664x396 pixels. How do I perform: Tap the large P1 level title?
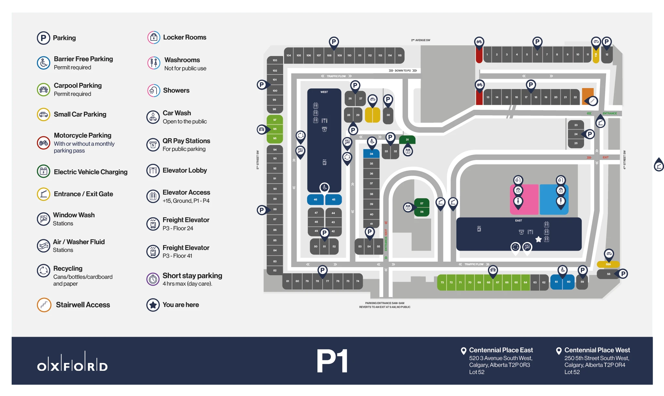coord(332,361)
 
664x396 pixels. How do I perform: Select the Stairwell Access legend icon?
coord(44,305)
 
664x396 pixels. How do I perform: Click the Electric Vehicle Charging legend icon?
coord(43,172)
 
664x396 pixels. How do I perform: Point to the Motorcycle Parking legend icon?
coord(43,143)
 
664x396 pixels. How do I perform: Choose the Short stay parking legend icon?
coord(153,279)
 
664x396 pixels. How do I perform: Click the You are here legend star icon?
coord(153,305)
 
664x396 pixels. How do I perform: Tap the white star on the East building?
coord(538,239)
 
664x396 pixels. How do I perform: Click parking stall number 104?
coord(289,55)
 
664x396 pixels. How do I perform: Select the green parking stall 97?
coord(275,120)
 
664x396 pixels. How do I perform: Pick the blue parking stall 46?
coord(315,199)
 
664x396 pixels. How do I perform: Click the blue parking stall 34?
coord(371,154)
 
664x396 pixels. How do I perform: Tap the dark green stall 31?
coord(407,140)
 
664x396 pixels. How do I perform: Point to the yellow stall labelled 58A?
coord(608,264)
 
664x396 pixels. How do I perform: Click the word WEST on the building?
coord(324,92)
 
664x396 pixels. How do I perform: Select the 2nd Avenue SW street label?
coord(421,40)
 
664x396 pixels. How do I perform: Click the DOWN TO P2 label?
coord(403,71)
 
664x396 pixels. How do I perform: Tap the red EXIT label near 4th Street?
coord(605,157)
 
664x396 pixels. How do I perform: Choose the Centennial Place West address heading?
coord(597,350)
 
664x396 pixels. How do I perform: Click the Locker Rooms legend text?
coord(184,37)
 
